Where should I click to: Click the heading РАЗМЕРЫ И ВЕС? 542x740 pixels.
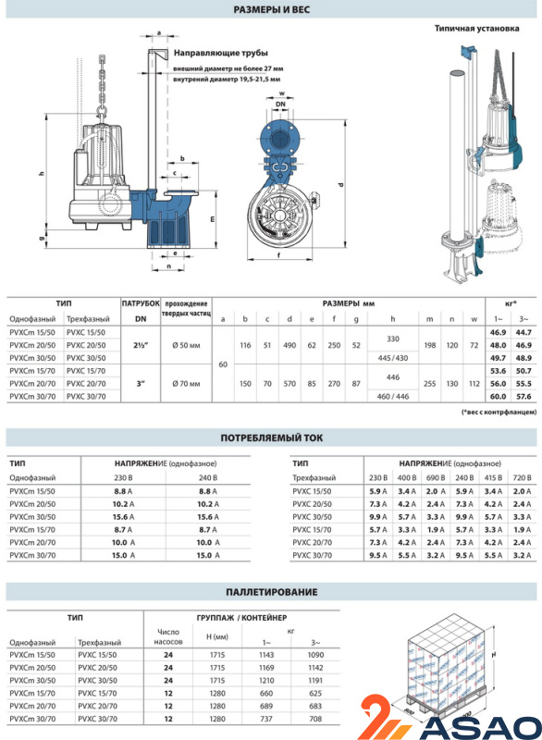click(x=271, y=9)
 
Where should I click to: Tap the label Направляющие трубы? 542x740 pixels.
click(x=221, y=53)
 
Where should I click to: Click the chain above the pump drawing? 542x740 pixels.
click(x=102, y=85)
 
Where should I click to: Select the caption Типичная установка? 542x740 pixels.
click(x=476, y=29)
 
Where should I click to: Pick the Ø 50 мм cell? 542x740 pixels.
click(x=186, y=345)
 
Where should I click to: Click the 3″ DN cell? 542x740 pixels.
click(x=141, y=384)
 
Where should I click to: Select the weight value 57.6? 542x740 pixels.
click(x=524, y=397)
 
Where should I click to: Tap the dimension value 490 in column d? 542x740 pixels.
click(x=289, y=345)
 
